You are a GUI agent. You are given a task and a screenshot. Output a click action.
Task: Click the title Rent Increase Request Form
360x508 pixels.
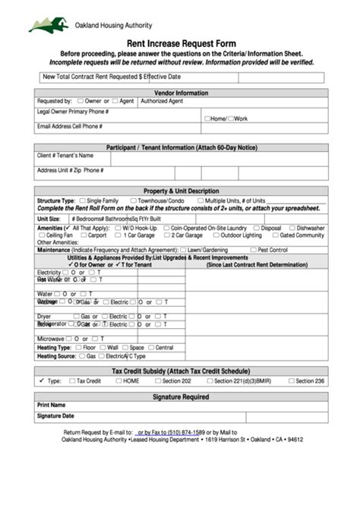point(181,44)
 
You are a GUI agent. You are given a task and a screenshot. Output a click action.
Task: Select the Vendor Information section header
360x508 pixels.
point(181,93)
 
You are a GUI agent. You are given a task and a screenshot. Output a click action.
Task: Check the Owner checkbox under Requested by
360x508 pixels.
point(80,100)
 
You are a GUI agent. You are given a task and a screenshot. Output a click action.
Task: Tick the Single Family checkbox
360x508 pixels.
point(83,200)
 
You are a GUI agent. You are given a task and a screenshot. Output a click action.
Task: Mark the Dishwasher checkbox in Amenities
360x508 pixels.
point(292,227)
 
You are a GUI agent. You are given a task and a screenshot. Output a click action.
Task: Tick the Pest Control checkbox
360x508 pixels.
point(253,249)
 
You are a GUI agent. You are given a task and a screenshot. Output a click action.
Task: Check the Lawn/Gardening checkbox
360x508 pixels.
point(183,249)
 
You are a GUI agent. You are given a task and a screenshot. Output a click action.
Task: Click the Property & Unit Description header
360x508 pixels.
point(181,191)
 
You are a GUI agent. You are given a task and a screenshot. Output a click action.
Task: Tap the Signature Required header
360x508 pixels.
point(181,396)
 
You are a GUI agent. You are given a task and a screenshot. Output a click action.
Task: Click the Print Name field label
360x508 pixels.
point(52,405)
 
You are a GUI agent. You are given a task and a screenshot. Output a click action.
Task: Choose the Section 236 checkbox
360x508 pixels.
point(291,381)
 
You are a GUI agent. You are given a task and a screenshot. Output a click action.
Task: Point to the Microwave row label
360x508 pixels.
point(50,339)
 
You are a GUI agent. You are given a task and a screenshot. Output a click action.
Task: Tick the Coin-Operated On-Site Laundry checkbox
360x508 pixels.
point(166,227)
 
